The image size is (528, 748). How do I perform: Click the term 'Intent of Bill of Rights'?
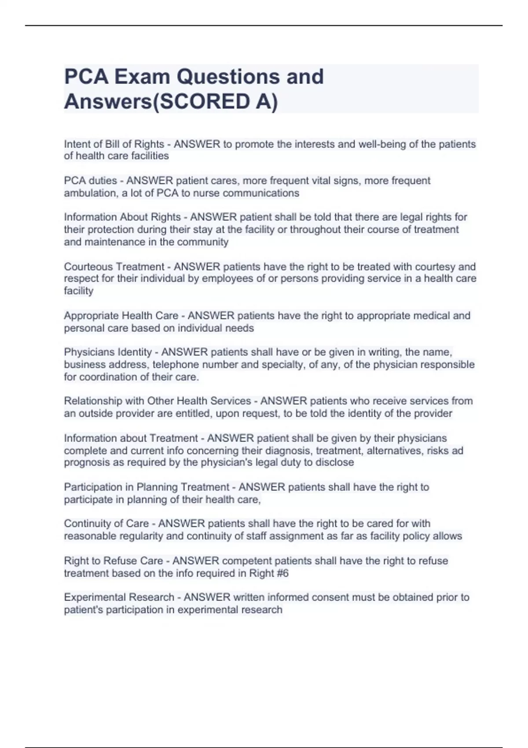click(114, 144)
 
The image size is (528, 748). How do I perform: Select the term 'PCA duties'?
click(90, 181)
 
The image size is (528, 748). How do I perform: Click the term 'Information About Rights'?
click(122, 217)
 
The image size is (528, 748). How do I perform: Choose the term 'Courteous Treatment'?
click(114, 267)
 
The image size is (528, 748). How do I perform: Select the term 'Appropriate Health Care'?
click(121, 316)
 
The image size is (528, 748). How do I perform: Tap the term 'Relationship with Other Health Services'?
click(157, 401)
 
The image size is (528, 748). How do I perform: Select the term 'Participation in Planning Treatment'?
click(147, 487)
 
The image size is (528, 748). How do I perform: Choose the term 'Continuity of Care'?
click(106, 524)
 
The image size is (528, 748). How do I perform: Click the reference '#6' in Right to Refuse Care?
click(282, 573)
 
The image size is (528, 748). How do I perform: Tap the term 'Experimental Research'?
click(119, 598)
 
